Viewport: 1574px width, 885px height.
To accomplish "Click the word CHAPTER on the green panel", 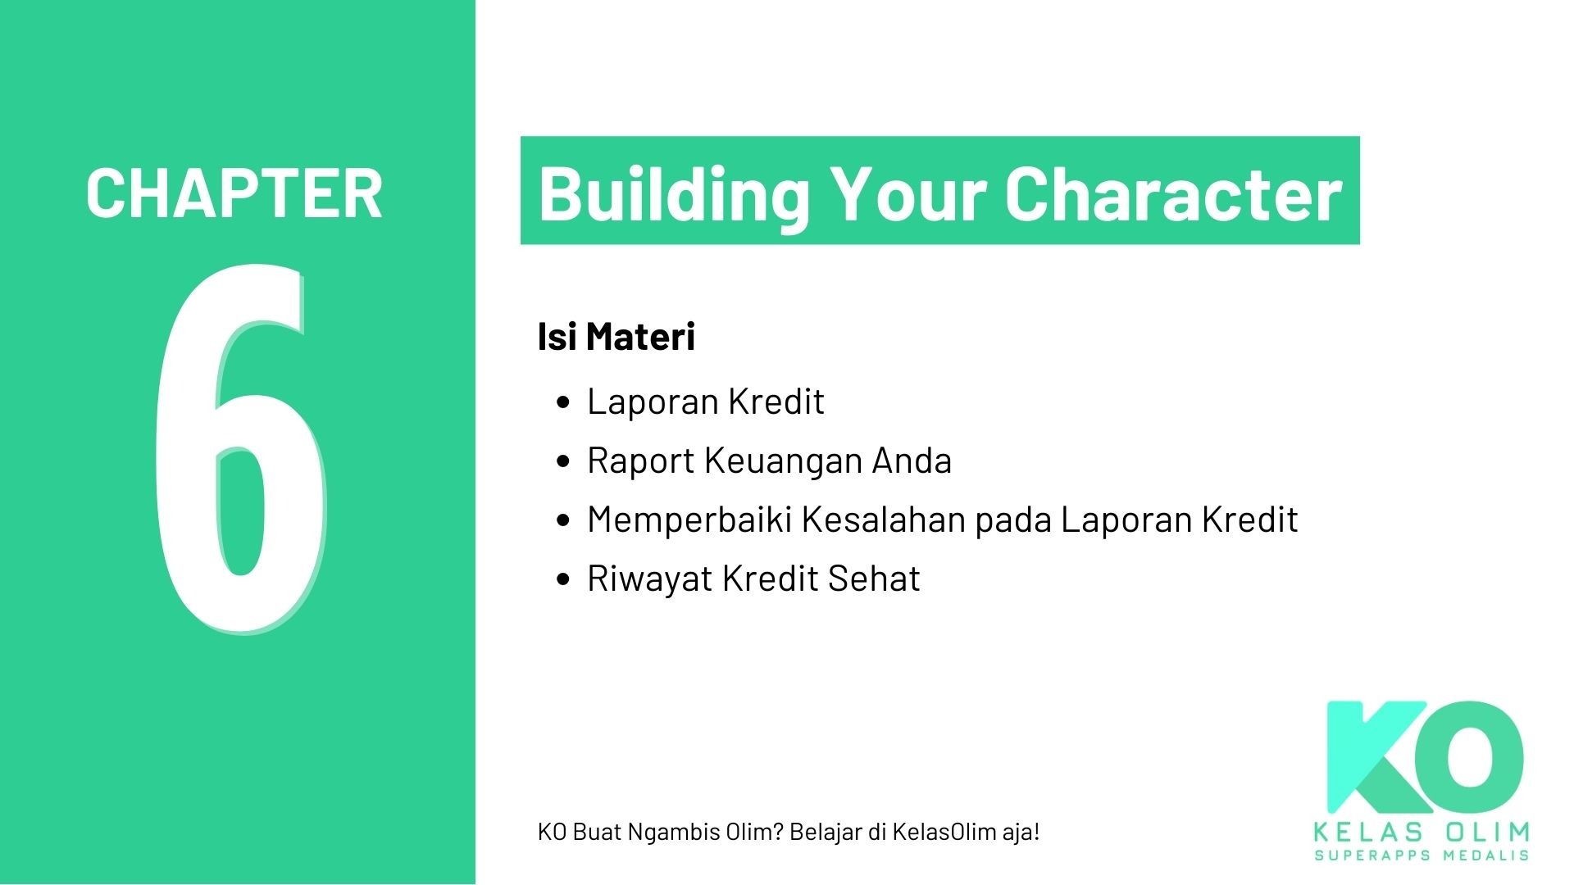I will tap(234, 193).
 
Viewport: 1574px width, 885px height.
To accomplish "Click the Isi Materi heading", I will tap(616, 337).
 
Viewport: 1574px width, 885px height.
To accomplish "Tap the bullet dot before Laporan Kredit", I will tap(562, 402).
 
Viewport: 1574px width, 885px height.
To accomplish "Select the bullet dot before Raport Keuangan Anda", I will tap(562, 461).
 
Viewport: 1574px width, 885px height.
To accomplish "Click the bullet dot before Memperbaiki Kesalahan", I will tap(562, 520).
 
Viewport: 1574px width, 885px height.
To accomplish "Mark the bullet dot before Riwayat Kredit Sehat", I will tap(562, 579).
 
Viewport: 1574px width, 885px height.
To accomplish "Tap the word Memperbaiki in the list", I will tap(689, 520).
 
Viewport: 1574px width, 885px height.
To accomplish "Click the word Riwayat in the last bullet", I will tap(649, 579).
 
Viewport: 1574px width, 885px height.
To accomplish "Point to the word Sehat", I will tap(873, 579).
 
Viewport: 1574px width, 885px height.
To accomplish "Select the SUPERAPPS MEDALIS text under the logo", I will tap(1422, 855).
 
